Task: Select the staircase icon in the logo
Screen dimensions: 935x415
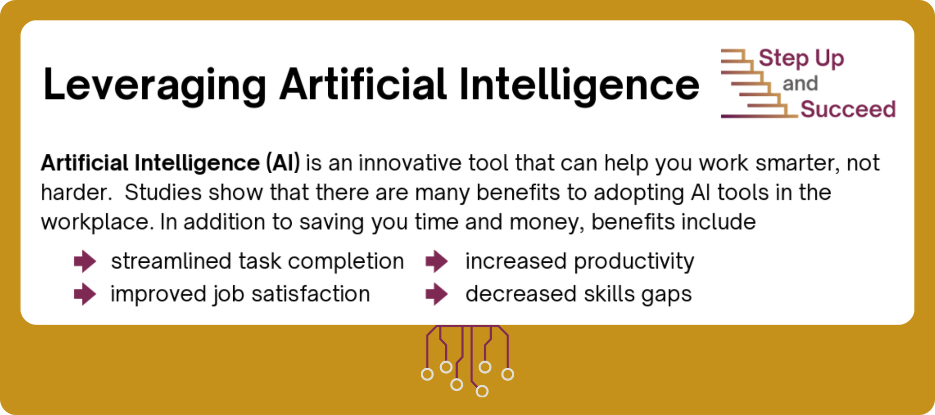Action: click(x=759, y=83)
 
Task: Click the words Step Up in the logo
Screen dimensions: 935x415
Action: click(x=801, y=58)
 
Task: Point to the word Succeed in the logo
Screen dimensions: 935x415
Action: click(x=848, y=109)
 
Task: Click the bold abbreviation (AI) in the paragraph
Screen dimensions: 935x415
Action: click(x=283, y=163)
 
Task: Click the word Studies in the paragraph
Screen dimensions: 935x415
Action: click(x=163, y=193)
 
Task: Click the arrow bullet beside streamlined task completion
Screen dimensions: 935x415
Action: click(x=85, y=261)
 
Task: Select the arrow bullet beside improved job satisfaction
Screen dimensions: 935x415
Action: click(x=85, y=294)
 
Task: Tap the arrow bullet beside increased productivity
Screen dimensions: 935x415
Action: click(x=437, y=261)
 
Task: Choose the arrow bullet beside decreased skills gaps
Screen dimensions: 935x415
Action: click(x=437, y=294)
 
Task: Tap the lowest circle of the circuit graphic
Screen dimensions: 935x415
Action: click(x=482, y=391)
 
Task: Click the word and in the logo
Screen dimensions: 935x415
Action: click(x=800, y=84)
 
